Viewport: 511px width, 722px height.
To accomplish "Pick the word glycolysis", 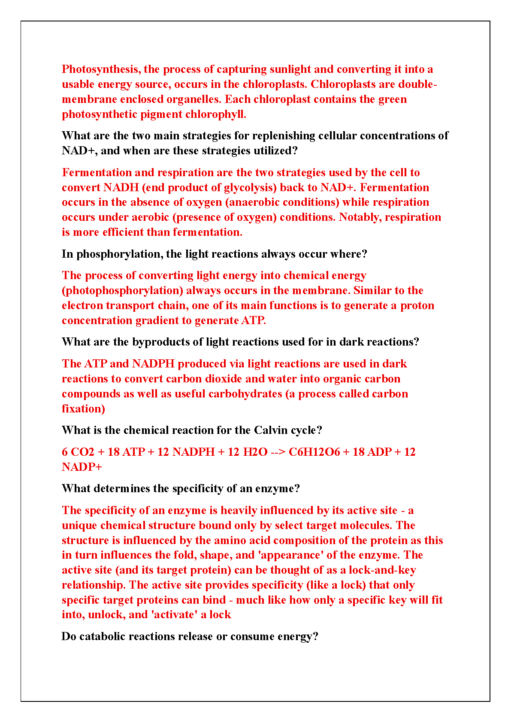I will (x=250, y=188).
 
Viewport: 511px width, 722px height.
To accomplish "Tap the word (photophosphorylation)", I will (x=122, y=291).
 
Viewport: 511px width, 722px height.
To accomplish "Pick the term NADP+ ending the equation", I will (x=82, y=467).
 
